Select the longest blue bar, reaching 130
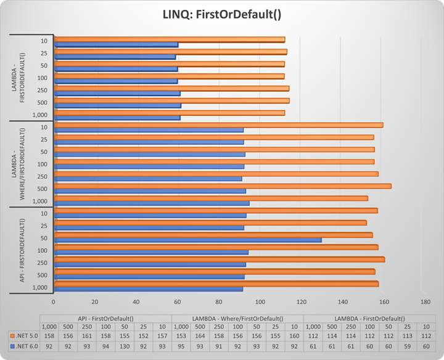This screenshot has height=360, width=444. (x=188, y=240)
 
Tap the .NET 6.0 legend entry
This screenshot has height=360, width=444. (x=24, y=346)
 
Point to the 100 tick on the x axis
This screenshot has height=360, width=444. (x=260, y=302)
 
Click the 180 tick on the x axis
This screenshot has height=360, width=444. (x=425, y=302)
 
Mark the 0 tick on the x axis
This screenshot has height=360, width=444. (x=54, y=302)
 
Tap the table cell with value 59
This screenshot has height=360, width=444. (x=407, y=346)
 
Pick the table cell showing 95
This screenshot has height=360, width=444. (x=181, y=346)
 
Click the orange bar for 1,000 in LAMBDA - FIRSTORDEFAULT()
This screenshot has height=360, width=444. (x=170, y=113)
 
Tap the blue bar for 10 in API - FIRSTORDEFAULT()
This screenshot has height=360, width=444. (x=150, y=215)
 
